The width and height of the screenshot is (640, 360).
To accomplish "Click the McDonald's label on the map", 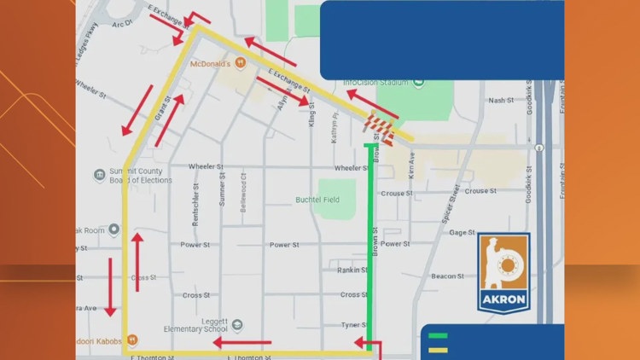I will (x=212, y=64).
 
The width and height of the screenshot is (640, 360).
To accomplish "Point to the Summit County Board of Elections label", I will (x=135, y=176).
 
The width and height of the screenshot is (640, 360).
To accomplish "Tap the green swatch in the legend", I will (x=439, y=335).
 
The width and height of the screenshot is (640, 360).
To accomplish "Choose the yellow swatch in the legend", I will (x=439, y=348).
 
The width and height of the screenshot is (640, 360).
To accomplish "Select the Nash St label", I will (x=499, y=101).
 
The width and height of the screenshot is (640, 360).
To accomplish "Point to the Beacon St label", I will (x=447, y=276).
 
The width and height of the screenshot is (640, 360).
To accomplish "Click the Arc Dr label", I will (x=124, y=24).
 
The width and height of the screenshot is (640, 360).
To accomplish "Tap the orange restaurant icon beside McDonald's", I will (x=241, y=63).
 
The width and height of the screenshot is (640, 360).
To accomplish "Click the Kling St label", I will (x=312, y=122).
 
